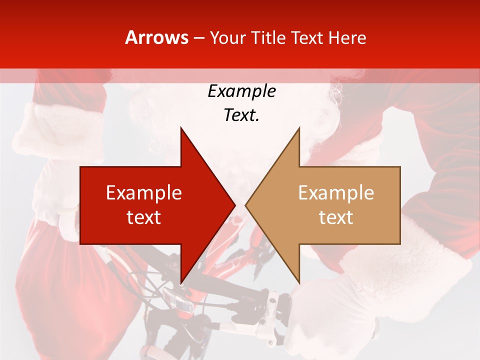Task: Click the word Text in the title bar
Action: point(308,37)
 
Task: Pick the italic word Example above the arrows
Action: point(241,91)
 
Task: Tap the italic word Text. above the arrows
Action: point(241,115)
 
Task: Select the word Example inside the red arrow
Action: point(144,193)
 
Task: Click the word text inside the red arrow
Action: point(144,217)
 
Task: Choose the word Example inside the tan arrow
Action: point(336,193)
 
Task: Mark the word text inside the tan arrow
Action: point(336,217)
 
